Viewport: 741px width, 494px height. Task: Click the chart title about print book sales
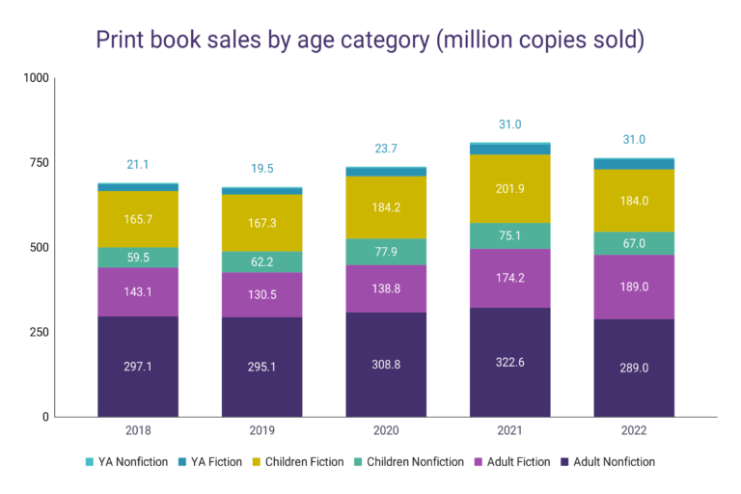point(370,40)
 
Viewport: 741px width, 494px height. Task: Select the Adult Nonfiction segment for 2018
point(138,367)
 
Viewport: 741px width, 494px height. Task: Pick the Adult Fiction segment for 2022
point(634,287)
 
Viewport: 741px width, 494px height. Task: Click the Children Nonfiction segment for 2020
point(386,251)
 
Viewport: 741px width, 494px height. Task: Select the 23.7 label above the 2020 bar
point(386,149)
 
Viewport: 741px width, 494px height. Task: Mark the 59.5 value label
point(138,258)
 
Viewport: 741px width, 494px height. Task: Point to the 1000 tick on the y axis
point(35,77)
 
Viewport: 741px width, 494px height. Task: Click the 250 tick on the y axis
point(38,332)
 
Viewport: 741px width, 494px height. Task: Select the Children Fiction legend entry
point(299,462)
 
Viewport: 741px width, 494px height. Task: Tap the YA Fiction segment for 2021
point(510,150)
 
